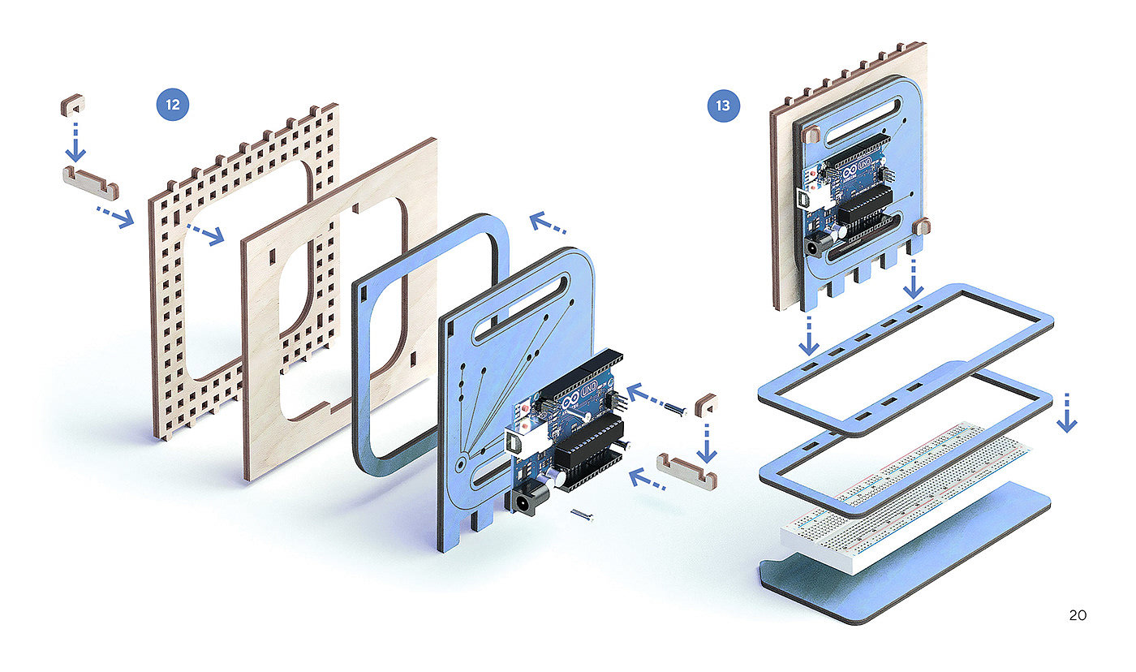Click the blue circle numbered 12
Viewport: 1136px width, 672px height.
(x=172, y=105)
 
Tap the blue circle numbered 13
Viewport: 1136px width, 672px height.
(x=724, y=106)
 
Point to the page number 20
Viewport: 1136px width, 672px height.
(x=1078, y=615)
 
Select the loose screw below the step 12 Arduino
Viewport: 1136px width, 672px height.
(x=583, y=513)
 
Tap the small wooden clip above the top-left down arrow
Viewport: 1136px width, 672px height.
(x=73, y=103)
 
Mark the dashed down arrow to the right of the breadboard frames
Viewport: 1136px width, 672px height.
(x=1067, y=412)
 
